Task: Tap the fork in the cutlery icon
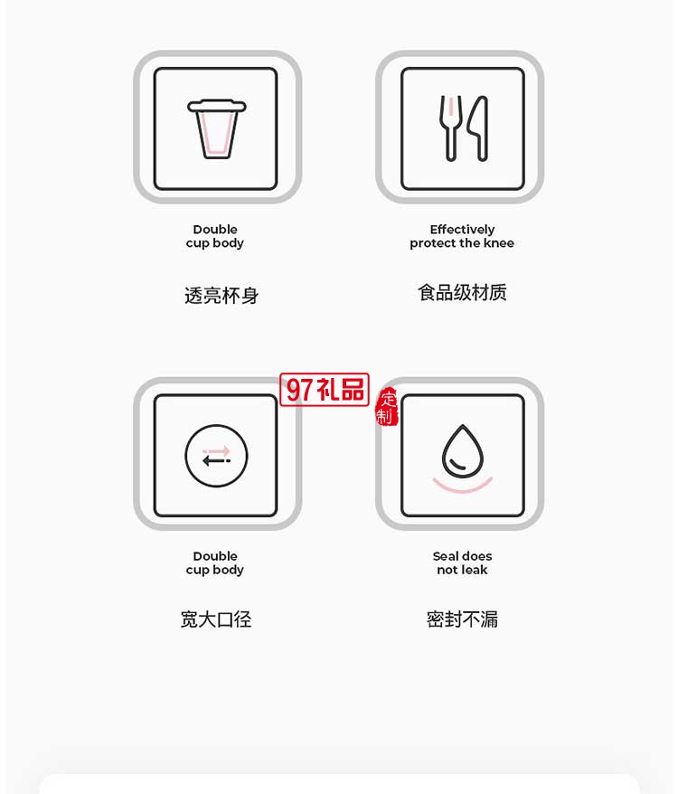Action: [449, 128]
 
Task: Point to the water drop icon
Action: [462, 451]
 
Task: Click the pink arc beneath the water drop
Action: [462, 486]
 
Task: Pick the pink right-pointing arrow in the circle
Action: [217, 449]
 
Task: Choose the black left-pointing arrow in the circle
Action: [216, 461]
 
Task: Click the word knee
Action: [498, 243]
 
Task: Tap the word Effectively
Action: [462, 230]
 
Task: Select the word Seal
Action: [447, 556]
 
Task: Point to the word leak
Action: [476, 570]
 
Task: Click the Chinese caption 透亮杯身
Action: [221, 296]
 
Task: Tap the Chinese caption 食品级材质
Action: [462, 292]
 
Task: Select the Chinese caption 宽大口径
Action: [216, 619]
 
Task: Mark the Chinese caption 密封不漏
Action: [462, 619]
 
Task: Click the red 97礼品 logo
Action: [325, 390]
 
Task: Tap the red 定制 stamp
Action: [387, 407]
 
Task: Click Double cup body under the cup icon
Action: [215, 236]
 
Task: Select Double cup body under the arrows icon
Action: [215, 562]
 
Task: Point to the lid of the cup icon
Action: [217, 106]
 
